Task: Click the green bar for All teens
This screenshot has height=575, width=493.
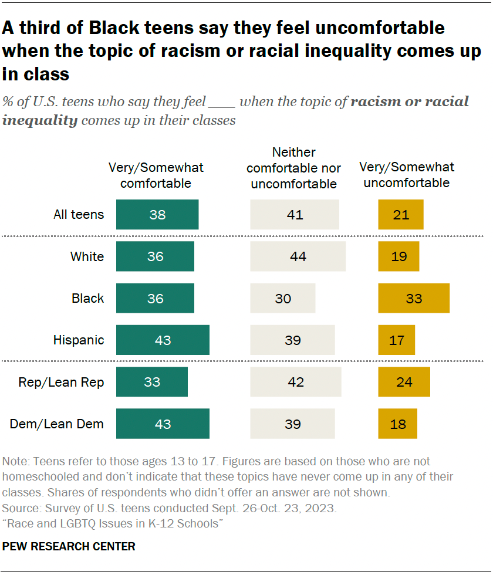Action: (157, 215)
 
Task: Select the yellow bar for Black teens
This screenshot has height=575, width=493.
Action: (414, 298)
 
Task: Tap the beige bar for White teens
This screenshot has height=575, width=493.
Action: (298, 256)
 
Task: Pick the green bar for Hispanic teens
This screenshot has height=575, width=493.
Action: (163, 340)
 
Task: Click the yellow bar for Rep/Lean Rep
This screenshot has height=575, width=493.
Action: (404, 382)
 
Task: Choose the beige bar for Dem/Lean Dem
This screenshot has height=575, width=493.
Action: (292, 424)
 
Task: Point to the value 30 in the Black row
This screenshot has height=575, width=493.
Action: (283, 298)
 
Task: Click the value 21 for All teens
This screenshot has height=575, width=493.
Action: (401, 215)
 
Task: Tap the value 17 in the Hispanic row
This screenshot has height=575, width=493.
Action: (397, 340)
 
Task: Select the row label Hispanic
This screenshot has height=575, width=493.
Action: (79, 340)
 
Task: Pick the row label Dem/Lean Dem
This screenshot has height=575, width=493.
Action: (57, 424)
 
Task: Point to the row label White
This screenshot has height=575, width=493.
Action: (87, 256)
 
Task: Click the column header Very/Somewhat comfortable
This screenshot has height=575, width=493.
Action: (156, 175)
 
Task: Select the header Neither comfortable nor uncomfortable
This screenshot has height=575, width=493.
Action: (293, 168)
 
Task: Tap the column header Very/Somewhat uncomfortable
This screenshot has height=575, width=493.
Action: (406, 175)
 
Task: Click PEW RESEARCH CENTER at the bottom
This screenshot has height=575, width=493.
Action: (69, 546)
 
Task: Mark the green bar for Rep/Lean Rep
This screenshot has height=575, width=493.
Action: (152, 382)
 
